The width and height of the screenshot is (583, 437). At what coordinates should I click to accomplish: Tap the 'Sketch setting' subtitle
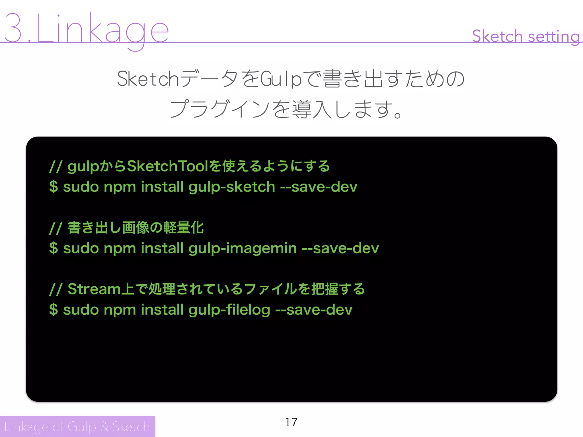click(525, 36)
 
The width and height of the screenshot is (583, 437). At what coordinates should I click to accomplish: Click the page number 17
click(291, 422)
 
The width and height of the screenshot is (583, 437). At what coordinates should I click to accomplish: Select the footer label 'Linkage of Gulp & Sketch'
click(77, 426)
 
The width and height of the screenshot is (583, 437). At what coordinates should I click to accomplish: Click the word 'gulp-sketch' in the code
click(231, 187)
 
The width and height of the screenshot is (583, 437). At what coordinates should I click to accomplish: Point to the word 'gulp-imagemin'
click(242, 248)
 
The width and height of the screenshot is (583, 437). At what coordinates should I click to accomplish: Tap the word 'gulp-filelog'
click(229, 310)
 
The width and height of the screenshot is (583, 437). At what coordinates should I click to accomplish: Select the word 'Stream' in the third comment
click(94, 289)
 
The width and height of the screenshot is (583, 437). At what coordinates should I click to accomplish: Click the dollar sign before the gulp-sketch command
click(54, 187)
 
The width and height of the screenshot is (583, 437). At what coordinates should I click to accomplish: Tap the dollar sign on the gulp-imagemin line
click(54, 248)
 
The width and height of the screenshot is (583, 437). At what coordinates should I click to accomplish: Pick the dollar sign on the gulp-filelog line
click(54, 310)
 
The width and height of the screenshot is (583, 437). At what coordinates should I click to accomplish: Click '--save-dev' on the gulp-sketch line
click(319, 187)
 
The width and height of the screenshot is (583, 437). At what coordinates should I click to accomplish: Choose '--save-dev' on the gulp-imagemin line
click(340, 248)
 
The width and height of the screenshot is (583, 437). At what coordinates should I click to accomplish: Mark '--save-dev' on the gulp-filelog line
click(314, 310)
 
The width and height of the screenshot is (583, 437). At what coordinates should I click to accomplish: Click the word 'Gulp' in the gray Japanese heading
click(281, 79)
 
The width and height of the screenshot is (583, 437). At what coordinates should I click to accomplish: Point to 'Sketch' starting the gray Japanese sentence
click(148, 79)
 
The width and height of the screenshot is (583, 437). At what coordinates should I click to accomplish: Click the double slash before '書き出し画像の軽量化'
click(56, 228)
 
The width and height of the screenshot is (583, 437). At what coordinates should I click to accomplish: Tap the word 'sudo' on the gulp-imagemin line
click(81, 248)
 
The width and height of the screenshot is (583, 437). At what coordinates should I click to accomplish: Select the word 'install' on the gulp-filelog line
click(162, 310)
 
